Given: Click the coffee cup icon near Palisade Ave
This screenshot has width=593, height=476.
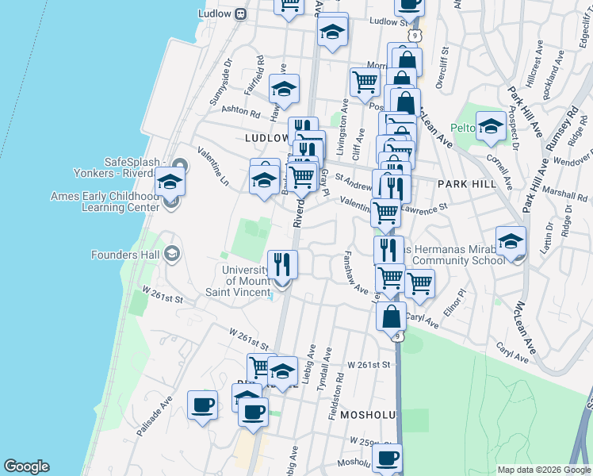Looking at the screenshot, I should (x=202, y=405).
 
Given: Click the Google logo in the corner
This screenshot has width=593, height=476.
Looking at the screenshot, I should (x=25, y=466).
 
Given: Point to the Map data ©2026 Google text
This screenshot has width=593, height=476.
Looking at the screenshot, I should (x=543, y=470).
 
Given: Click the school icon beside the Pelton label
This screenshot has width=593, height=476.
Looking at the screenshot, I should (x=491, y=125).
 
